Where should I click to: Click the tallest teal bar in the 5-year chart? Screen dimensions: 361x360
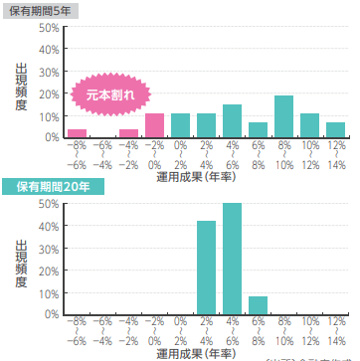[x=283, y=116]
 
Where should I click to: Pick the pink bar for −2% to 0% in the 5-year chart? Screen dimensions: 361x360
[x=154, y=125]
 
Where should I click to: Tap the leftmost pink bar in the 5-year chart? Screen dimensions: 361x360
[x=77, y=133]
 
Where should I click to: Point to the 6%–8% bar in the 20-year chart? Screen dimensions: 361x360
[x=258, y=305]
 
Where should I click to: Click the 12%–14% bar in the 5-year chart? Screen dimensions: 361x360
[x=335, y=130]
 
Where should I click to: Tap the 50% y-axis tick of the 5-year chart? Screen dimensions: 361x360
[x=49, y=28]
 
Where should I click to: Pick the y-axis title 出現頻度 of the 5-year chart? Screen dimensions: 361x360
[x=22, y=88]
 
